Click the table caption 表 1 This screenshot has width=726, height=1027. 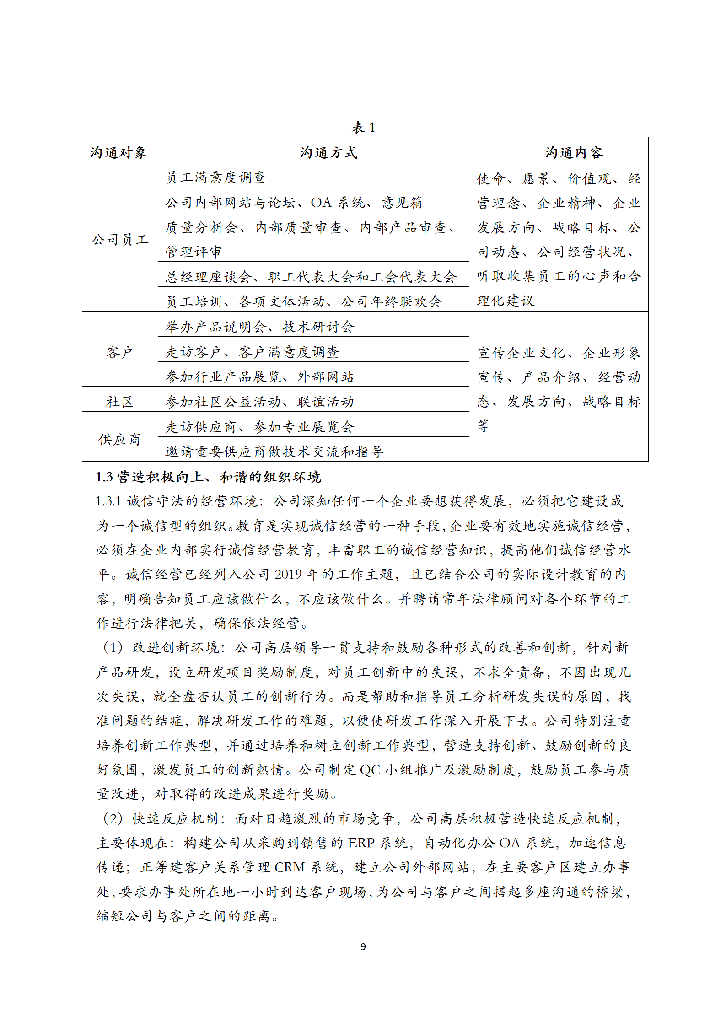363,127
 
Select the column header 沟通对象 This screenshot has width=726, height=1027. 119,152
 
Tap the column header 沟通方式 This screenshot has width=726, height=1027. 328,152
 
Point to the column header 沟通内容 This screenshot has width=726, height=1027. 574,152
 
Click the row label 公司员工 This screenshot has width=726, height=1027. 120,239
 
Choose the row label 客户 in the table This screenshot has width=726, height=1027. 119,352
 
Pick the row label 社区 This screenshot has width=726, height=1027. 119,402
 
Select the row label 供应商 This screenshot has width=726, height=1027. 119,439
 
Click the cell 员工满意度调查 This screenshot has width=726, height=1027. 215,177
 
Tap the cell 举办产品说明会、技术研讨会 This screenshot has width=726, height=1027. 259,327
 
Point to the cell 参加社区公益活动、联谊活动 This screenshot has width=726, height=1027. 259,402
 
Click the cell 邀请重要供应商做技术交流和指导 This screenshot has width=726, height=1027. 274,452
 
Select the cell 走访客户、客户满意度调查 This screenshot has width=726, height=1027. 252,352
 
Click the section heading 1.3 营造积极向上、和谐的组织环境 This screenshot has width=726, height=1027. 208,477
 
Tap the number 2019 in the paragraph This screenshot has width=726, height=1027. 288,575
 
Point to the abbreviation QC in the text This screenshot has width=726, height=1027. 370,770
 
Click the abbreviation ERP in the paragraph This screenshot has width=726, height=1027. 361,843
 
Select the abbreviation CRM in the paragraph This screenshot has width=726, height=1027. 290,867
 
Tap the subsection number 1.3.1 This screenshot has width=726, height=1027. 108,501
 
